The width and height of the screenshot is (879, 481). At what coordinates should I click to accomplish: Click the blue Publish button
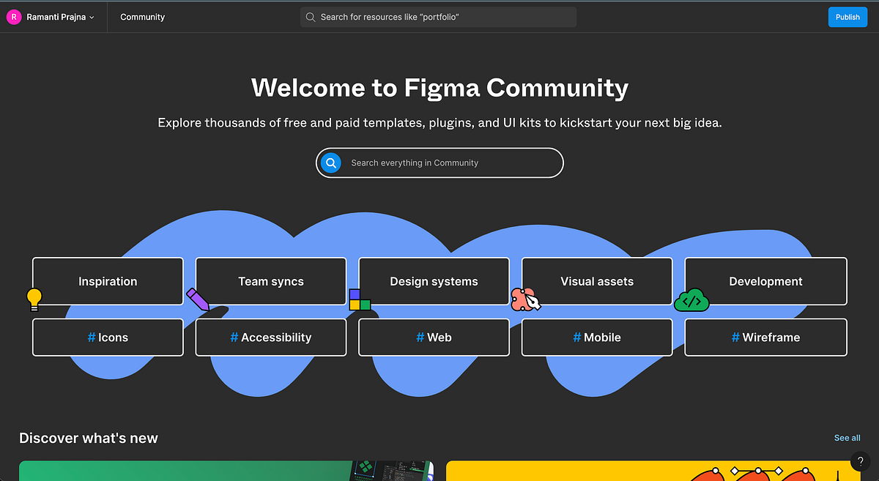pos(848,17)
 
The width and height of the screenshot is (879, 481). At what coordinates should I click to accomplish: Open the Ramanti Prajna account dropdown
pos(61,17)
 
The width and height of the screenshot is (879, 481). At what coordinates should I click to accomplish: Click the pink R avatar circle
pos(13,17)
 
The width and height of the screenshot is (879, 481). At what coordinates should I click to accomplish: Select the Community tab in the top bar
pos(142,17)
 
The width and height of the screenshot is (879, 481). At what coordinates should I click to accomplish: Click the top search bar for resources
pos(438,17)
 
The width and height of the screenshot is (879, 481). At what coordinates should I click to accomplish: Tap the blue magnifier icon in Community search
pos(331,163)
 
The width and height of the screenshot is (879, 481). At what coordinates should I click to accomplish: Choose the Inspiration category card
pos(108,281)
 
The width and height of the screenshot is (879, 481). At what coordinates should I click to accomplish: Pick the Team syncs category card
pos(270,281)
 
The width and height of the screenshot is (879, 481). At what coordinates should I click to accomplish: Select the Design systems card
pos(434,281)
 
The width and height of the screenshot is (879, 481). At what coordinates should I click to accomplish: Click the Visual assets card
pos(596,281)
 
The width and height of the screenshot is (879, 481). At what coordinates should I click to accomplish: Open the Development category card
pos(765,281)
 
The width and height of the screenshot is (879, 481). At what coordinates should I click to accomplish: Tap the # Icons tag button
pos(108,338)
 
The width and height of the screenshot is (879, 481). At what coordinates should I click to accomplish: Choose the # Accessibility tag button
pos(270,338)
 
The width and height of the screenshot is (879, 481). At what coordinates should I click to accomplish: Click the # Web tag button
pos(434,338)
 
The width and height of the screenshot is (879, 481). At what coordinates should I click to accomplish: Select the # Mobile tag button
pos(596,338)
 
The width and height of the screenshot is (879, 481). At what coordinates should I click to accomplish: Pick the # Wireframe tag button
pos(765,338)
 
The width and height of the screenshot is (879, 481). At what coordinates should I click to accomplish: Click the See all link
pos(847,438)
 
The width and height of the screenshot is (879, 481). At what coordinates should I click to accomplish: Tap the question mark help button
pos(861,461)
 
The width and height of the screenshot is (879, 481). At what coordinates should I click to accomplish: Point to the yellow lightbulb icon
pos(34,298)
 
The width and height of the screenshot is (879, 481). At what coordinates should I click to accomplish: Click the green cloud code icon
pos(691,300)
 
